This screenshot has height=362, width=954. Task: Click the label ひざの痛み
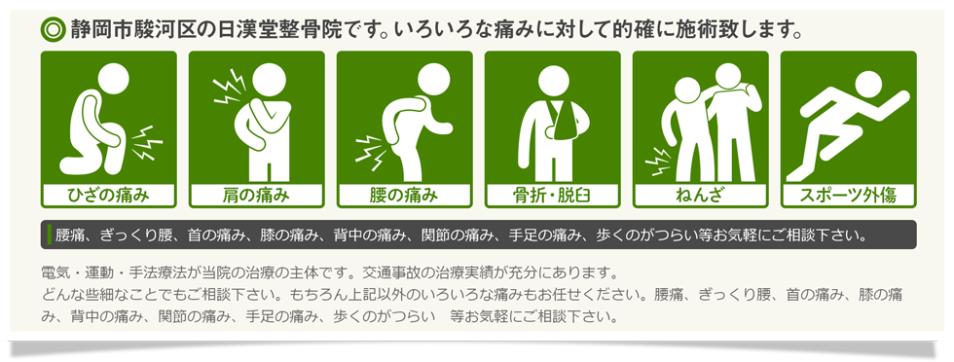108,196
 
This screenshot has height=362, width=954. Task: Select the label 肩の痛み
256,196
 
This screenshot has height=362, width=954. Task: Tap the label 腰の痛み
404,196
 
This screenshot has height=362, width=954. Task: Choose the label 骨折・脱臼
553,196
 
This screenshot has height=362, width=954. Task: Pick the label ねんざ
700,196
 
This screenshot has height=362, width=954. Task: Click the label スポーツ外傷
848,196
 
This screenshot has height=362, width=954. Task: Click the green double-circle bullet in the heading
53,29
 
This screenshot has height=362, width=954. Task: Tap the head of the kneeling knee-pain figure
114,79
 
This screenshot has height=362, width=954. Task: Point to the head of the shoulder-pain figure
269,79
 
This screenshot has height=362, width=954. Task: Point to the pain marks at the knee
148,143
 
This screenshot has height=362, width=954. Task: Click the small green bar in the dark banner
49,235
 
